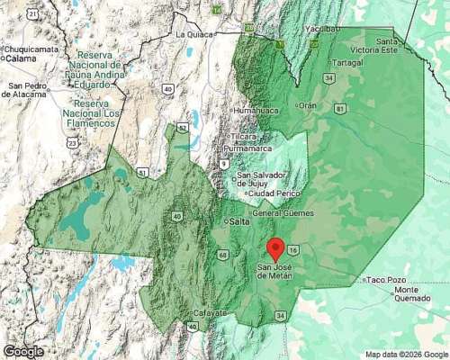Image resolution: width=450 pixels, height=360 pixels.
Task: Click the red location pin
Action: click(x=277, y=248)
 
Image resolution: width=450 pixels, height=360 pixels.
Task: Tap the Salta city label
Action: click(x=238, y=221)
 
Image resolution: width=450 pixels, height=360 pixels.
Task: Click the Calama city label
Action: click(x=18, y=58)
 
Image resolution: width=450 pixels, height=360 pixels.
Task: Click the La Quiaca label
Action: click(x=192, y=34)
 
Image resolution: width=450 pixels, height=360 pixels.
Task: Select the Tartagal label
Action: click(x=346, y=63)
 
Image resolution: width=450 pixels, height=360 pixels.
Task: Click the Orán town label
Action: click(x=308, y=105)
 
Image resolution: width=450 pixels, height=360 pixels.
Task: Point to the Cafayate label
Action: click(x=212, y=313)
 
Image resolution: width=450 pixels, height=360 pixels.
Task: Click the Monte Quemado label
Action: click(x=418, y=295)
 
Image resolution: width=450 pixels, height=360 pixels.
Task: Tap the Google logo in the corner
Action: click(x=22, y=351)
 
